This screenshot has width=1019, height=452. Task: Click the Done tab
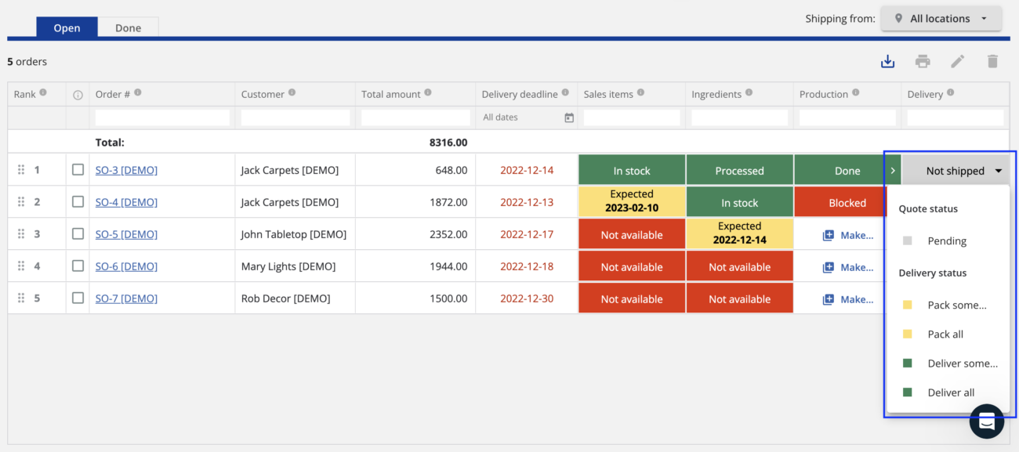[128, 27]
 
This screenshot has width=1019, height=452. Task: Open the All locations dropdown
[941, 19]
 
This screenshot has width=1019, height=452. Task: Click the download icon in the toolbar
[887, 61]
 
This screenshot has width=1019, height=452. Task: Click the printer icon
[923, 61]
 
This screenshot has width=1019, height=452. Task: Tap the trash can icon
[992, 61]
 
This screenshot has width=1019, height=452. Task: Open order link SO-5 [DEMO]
[126, 234]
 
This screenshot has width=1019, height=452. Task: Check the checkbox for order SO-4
[78, 202]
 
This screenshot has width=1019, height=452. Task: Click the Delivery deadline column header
[520, 94]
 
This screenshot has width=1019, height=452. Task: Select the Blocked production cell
[847, 202]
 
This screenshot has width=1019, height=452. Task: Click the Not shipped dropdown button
[956, 170]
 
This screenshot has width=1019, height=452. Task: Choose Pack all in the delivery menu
[945, 334]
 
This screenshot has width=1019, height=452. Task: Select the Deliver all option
[950, 392]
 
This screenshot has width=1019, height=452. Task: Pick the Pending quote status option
[946, 240]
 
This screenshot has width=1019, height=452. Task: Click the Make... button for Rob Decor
[848, 299]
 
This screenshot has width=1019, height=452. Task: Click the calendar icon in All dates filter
[569, 118]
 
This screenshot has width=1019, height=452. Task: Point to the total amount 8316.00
[448, 143]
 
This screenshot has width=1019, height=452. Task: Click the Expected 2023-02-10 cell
[631, 201]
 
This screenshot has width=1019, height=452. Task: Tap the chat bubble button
[986, 421]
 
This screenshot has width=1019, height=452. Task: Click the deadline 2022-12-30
[527, 298]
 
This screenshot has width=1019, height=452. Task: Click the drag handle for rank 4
[21, 266]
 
